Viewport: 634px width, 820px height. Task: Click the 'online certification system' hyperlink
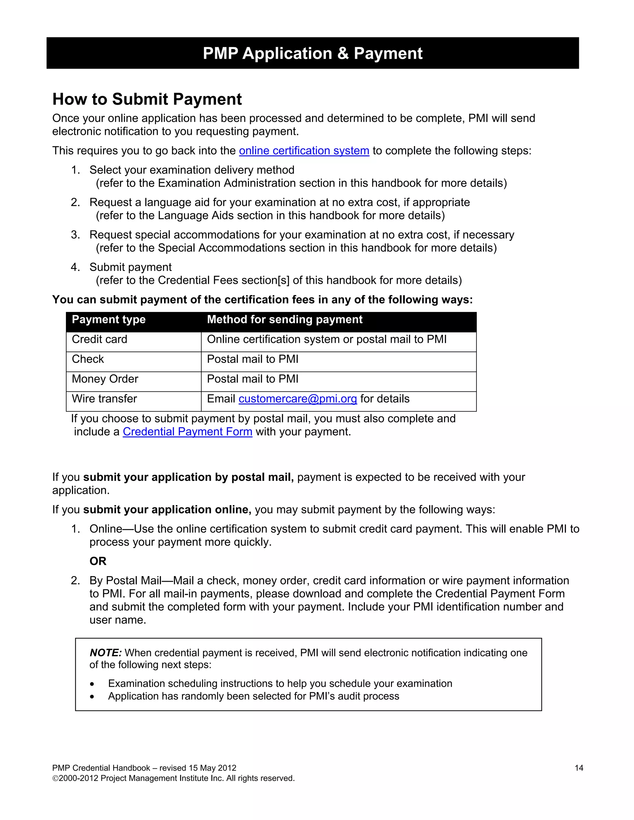pyautogui.click(x=304, y=151)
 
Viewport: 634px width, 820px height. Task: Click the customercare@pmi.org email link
pyautogui.click(x=297, y=399)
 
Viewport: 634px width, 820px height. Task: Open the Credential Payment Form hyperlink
pyautogui.click(x=187, y=432)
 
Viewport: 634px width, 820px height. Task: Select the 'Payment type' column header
pyautogui.click(x=109, y=320)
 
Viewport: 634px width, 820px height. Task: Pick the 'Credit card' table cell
pyautogui.click(x=100, y=339)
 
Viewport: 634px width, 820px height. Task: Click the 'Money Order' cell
pyautogui.click(x=105, y=379)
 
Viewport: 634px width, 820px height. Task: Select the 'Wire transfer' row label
pyautogui.click(x=104, y=399)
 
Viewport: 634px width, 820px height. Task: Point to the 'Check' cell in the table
pyautogui.click(x=88, y=359)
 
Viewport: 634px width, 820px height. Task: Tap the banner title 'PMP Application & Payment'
pyautogui.click(x=312, y=53)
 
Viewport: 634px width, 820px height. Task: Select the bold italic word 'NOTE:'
pyautogui.click(x=106, y=653)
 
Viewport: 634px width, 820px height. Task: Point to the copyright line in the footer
pyautogui.click(x=173, y=778)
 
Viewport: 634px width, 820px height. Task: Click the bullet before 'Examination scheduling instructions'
pyautogui.click(x=92, y=684)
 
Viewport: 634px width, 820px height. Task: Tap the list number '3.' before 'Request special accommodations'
pyautogui.click(x=76, y=235)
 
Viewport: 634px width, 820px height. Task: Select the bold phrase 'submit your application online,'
pyautogui.click(x=167, y=510)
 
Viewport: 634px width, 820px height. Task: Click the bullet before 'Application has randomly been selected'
pyautogui.click(x=92, y=697)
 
